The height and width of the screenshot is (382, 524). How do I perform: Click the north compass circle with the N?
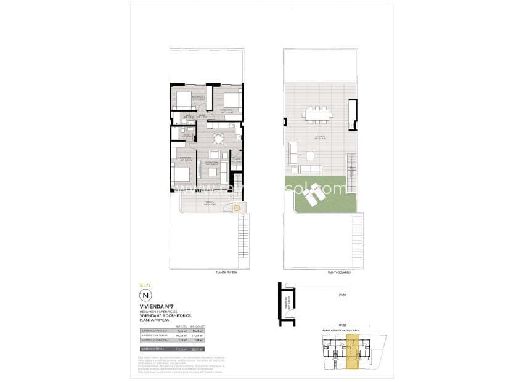click(145, 296)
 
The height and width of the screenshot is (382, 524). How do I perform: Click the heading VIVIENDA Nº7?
click(160, 307)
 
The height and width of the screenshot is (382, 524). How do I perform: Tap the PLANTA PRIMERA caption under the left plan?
click(227, 272)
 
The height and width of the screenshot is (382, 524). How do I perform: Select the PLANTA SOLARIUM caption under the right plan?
click(340, 272)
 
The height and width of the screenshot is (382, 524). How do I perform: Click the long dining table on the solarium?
click(317, 114)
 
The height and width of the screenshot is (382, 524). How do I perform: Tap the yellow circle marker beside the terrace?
click(237, 208)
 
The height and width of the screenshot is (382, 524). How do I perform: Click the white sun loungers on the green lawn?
click(314, 194)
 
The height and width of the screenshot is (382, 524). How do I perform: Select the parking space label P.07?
click(343, 296)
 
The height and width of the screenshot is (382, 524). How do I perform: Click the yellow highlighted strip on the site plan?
click(353, 354)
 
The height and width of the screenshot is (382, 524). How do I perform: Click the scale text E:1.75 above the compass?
click(145, 285)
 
